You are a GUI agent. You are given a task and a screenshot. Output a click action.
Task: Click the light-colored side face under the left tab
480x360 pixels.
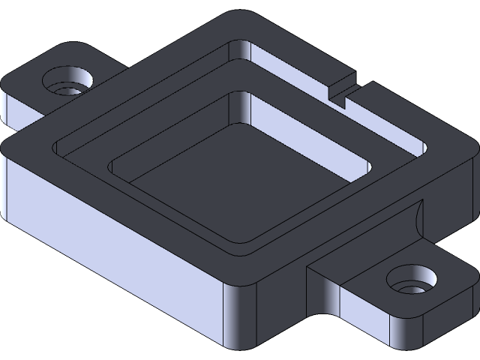tap(22, 109)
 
